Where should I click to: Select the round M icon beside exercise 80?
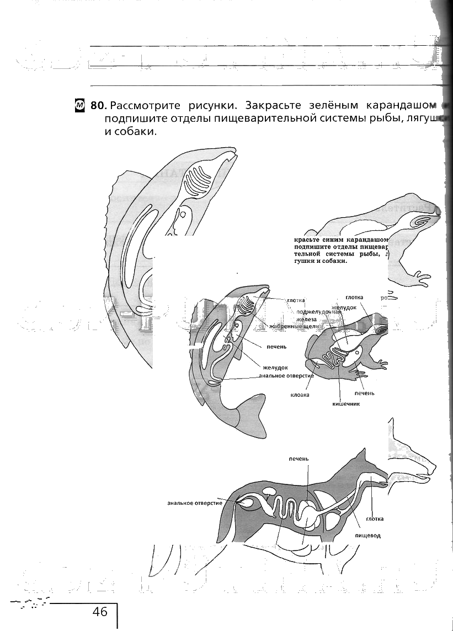[79, 105]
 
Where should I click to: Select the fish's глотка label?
[296, 301]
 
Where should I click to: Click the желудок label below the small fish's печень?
[275, 368]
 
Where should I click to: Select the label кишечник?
[346, 403]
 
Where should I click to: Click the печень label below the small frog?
[364, 393]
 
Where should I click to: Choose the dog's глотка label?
[375, 519]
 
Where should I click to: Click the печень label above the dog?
[299, 459]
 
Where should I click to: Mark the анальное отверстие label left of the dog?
[195, 503]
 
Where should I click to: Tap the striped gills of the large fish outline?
[197, 182]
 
